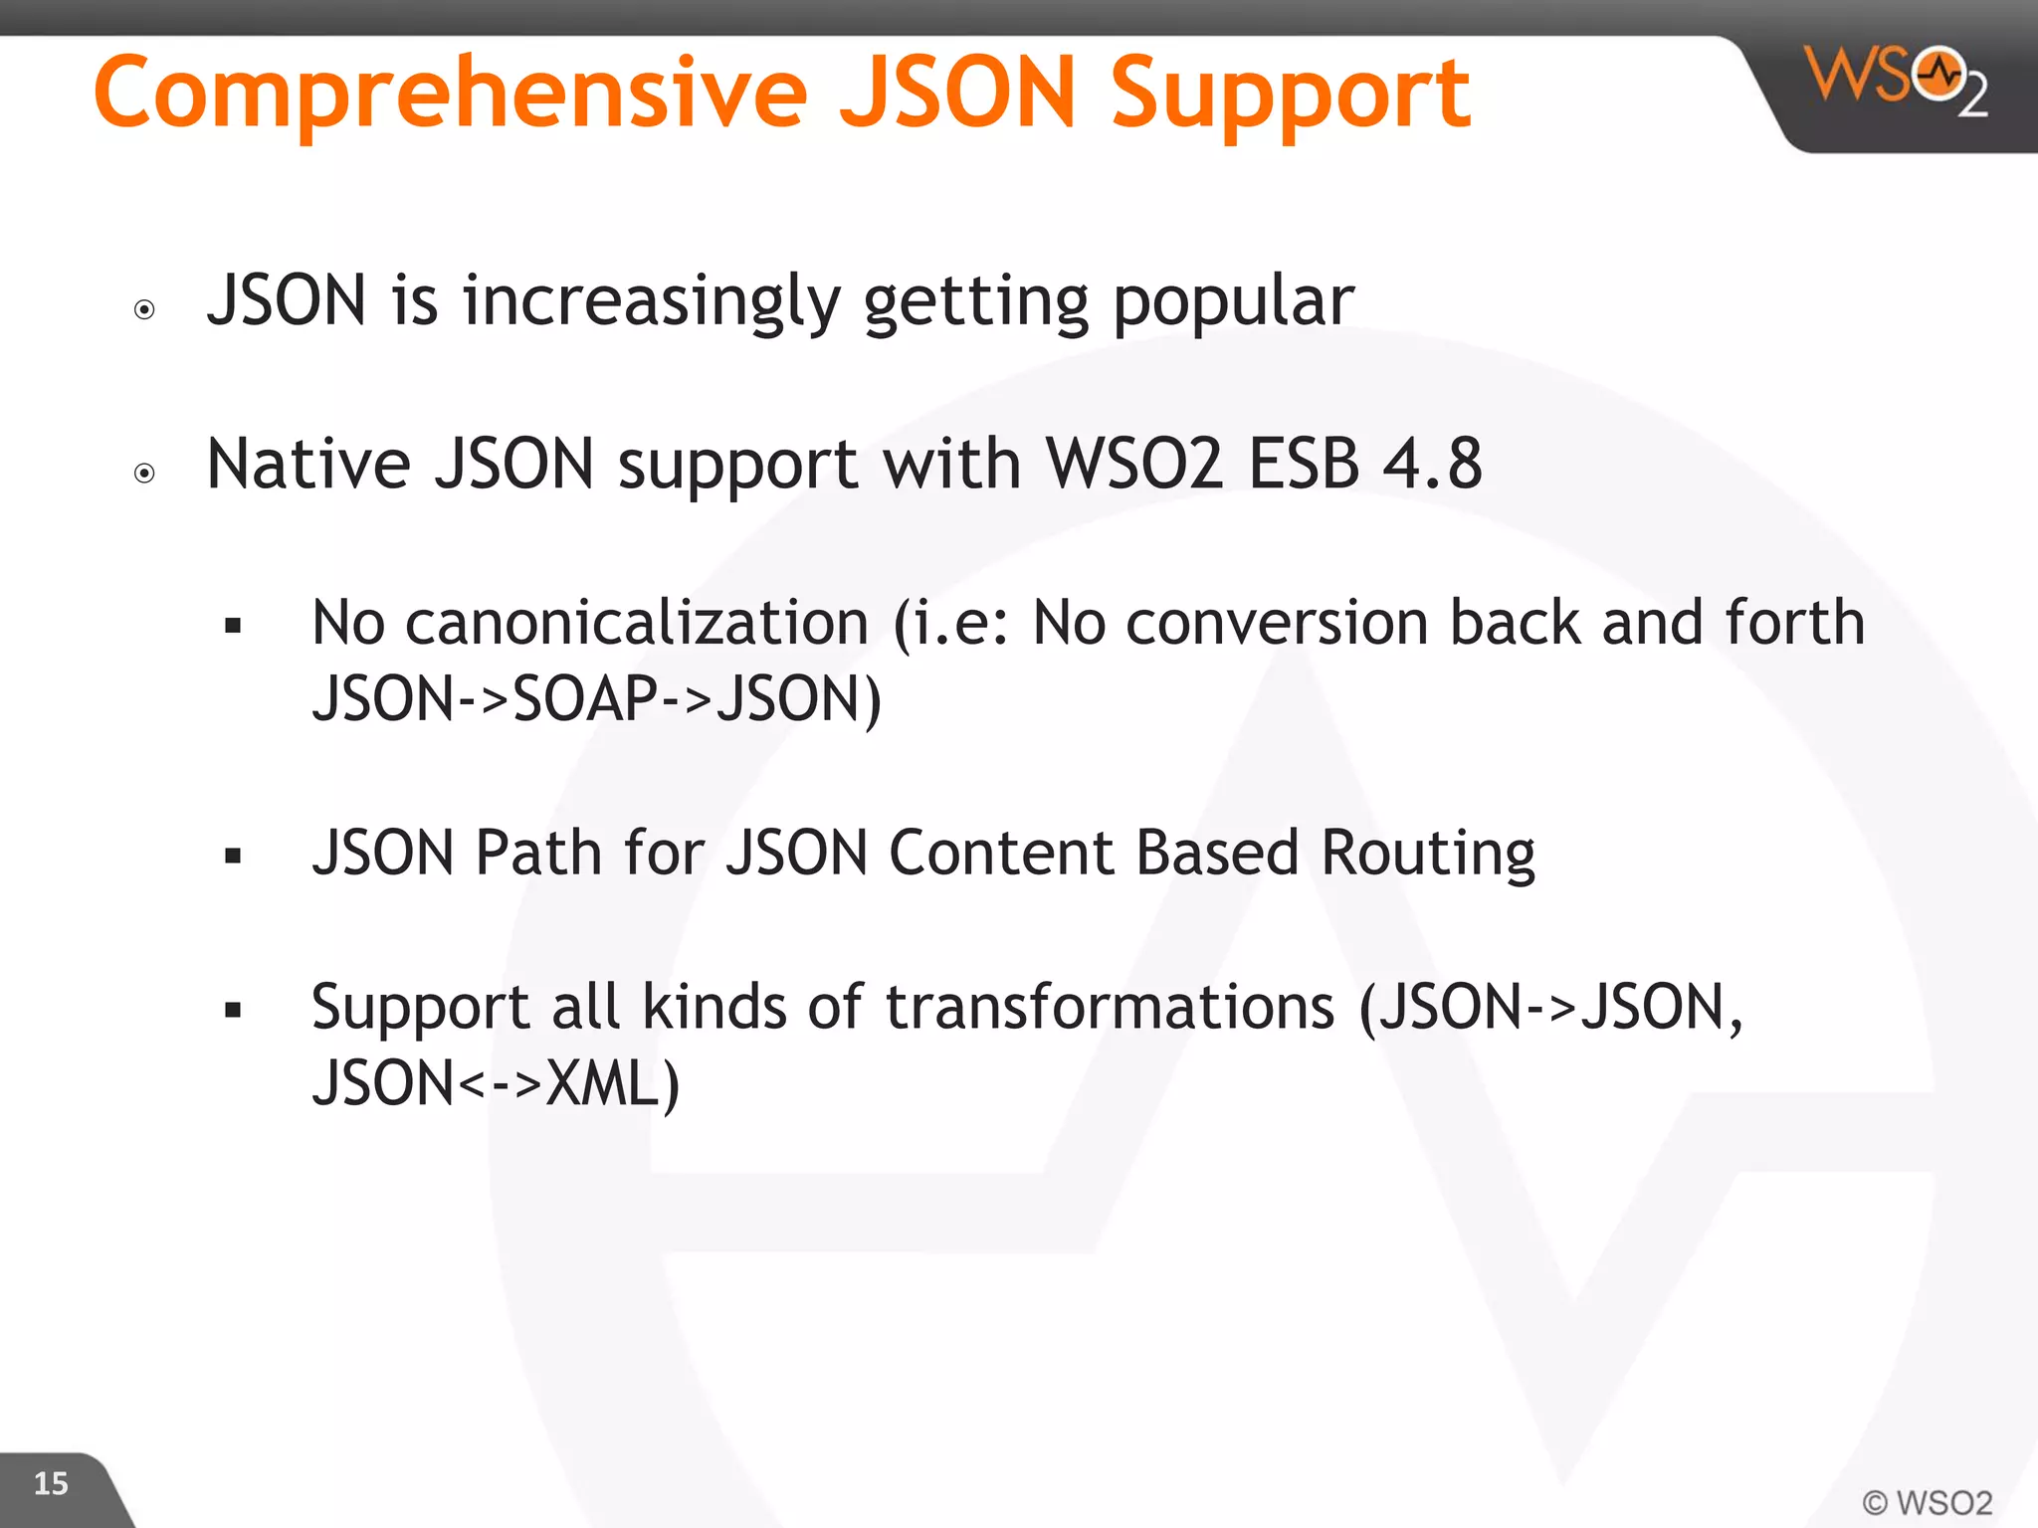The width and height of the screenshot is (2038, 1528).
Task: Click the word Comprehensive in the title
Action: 450,94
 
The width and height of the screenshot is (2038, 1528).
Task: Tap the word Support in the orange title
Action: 1290,94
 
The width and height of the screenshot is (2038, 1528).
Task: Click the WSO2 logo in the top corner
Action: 1897,80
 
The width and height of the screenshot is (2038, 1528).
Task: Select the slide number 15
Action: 51,1484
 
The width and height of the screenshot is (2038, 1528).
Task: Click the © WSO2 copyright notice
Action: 1927,1502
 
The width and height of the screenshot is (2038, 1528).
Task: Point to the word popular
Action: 1233,300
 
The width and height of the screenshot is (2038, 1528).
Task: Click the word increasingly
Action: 651,300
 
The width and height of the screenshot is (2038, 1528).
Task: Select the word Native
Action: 308,464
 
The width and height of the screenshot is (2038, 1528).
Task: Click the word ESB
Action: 1304,464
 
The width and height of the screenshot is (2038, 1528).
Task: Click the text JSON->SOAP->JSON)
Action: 596,698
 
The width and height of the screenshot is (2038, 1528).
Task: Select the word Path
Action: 538,854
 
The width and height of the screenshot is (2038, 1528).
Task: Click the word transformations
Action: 1110,1007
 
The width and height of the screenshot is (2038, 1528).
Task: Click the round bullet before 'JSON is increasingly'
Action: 144,309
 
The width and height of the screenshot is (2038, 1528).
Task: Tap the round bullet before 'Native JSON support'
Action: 144,473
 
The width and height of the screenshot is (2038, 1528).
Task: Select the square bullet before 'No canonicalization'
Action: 233,626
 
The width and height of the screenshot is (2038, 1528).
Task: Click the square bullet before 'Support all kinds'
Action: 233,1011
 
